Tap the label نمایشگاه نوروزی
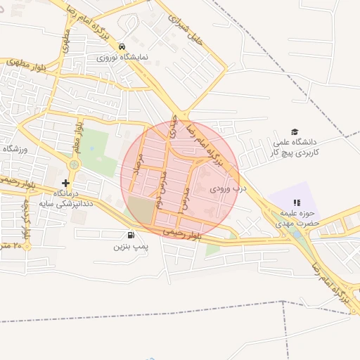pos(123,56)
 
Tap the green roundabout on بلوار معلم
pos(73,165)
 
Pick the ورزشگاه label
pos(14,149)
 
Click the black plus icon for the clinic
pos(65,183)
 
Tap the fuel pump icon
pos(130,236)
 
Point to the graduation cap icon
pos(295,132)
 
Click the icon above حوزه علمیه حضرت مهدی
pos(296,203)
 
